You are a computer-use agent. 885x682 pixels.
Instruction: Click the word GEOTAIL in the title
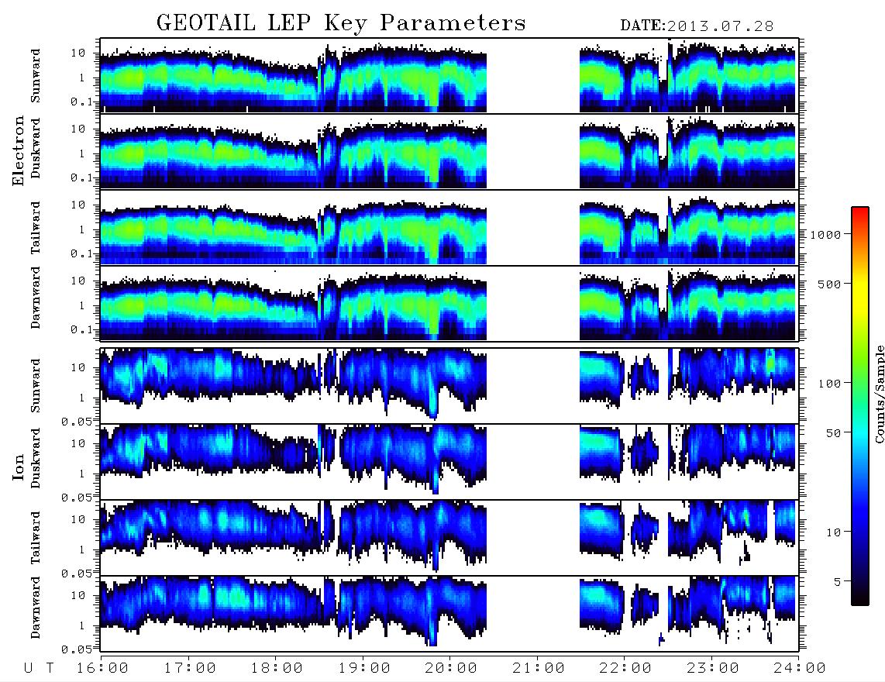pyautogui.click(x=206, y=23)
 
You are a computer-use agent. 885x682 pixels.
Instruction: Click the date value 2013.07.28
pyautogui.click(x=720, y=26)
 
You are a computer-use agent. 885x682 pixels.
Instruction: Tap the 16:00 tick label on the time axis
pyautogui.click(x=102, y=668)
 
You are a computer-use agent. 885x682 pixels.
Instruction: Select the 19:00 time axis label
pyautogui.click(x=364, y=668)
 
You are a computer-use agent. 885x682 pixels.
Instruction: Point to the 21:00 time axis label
pyautogui.click(x=539, y=668)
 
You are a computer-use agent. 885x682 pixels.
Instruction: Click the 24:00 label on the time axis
pyautogui.click(x=800, y=668)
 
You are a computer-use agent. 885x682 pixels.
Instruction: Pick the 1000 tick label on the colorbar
pyautogui.click(x=825, y=235)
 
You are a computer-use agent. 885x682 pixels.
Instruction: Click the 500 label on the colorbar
pyautogui.click(x=829, y=284)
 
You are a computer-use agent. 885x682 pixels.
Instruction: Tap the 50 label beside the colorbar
pyautogui.click(x=833, y=433)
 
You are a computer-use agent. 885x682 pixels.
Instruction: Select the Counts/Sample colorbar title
pyautogui.click(x=879, y=394)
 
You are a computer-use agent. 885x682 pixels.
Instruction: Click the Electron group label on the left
pyautogui.click(x=18, y=150)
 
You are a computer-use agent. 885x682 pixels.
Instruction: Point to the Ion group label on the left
pyautogui.click(x=18, y=467)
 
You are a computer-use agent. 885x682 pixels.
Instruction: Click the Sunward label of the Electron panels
pyautogui.click(x=36, y=76)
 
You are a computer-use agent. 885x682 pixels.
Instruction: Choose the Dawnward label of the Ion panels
pyautogui.click(x=36, y=607)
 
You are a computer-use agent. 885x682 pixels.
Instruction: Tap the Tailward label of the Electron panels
pyautogui.click(x=36, y=228)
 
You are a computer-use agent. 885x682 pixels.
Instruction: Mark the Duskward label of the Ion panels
pyautogui.click(x=36, y=458)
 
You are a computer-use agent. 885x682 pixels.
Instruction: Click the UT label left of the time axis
pyautogui.click(x=39, y=668)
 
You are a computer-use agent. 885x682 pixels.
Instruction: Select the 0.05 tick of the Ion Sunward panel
pyautogui.click(x=77, y=421)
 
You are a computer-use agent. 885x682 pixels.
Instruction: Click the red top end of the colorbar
pyautogui.click(x=859, y=209)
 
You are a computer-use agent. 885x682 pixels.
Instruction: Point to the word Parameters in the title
pyautogui.click(x=453, y=23)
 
